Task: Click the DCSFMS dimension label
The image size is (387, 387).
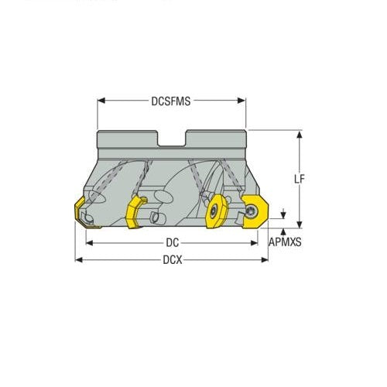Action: [171, 101]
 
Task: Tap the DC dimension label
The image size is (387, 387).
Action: [172, 241]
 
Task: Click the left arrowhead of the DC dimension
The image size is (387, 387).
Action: [88, 241]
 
